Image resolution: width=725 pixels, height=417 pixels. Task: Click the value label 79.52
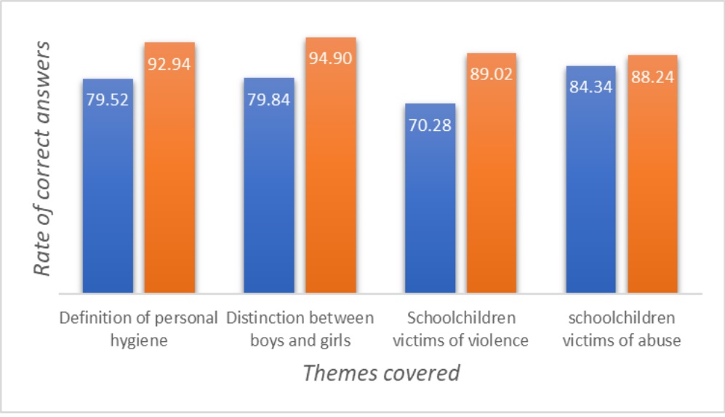click(108, 100)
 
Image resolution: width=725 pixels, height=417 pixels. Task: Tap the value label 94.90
click(330, 58)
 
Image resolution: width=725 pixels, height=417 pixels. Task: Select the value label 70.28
click(430, 124)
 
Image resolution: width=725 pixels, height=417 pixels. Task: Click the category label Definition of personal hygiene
click(138, 329)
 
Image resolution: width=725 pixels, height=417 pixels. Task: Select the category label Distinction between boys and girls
click(300, 329)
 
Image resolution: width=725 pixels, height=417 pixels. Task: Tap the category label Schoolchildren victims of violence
click(462, 329)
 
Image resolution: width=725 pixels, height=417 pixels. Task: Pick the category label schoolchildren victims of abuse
click(622, 329)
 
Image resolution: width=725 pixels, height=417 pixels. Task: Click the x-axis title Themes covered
click(381, 373)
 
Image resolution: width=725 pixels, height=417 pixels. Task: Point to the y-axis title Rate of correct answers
click(43, 158)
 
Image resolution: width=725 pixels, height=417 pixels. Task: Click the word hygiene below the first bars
click(138, 340)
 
